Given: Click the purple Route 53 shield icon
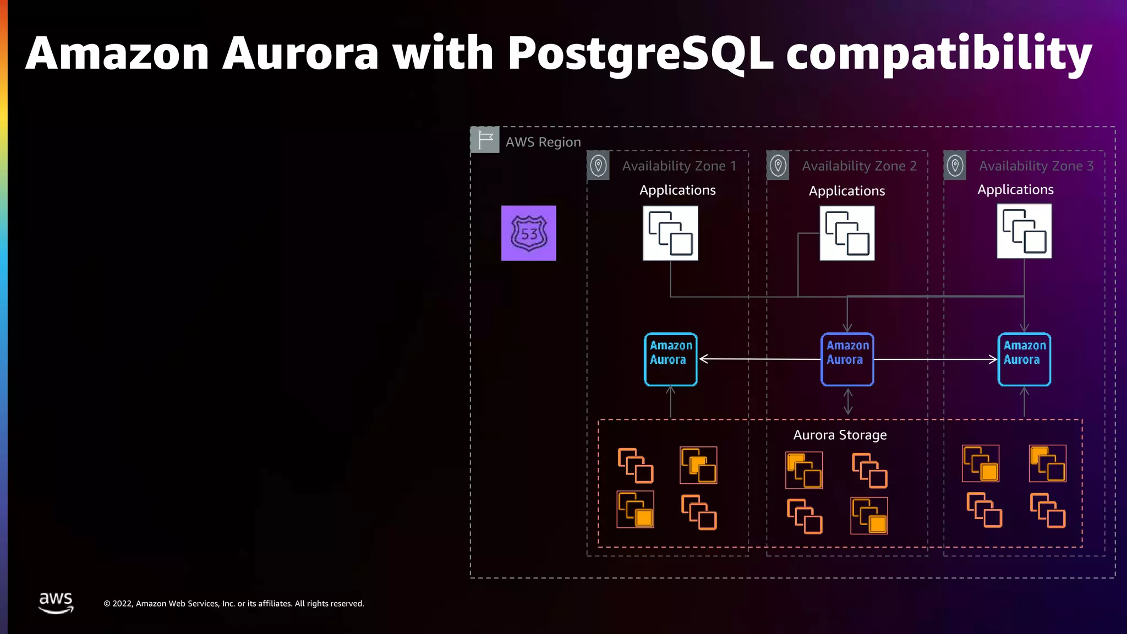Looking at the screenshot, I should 528,233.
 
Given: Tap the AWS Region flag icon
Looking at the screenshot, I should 485,140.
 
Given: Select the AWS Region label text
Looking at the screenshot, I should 543,142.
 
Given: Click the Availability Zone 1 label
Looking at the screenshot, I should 679,166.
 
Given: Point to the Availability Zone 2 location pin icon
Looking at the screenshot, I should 778,165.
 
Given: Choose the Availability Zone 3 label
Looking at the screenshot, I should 1036,166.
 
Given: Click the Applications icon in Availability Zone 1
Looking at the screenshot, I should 670,233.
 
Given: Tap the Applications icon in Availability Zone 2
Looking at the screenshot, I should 847,233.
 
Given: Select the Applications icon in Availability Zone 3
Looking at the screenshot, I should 1024,231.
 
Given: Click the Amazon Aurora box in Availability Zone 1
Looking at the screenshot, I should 670,359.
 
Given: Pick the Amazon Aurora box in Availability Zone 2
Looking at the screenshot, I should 847,359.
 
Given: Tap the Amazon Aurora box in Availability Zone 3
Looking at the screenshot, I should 1024,359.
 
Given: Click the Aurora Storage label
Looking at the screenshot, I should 840,435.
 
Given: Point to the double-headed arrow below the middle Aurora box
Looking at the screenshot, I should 848,401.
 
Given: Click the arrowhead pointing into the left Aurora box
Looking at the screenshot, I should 704,359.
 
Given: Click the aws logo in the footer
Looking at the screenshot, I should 56,602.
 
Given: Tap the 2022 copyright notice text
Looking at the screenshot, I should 234,604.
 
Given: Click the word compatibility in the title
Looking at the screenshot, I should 938,54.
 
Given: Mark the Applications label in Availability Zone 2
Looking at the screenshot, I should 846,191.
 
